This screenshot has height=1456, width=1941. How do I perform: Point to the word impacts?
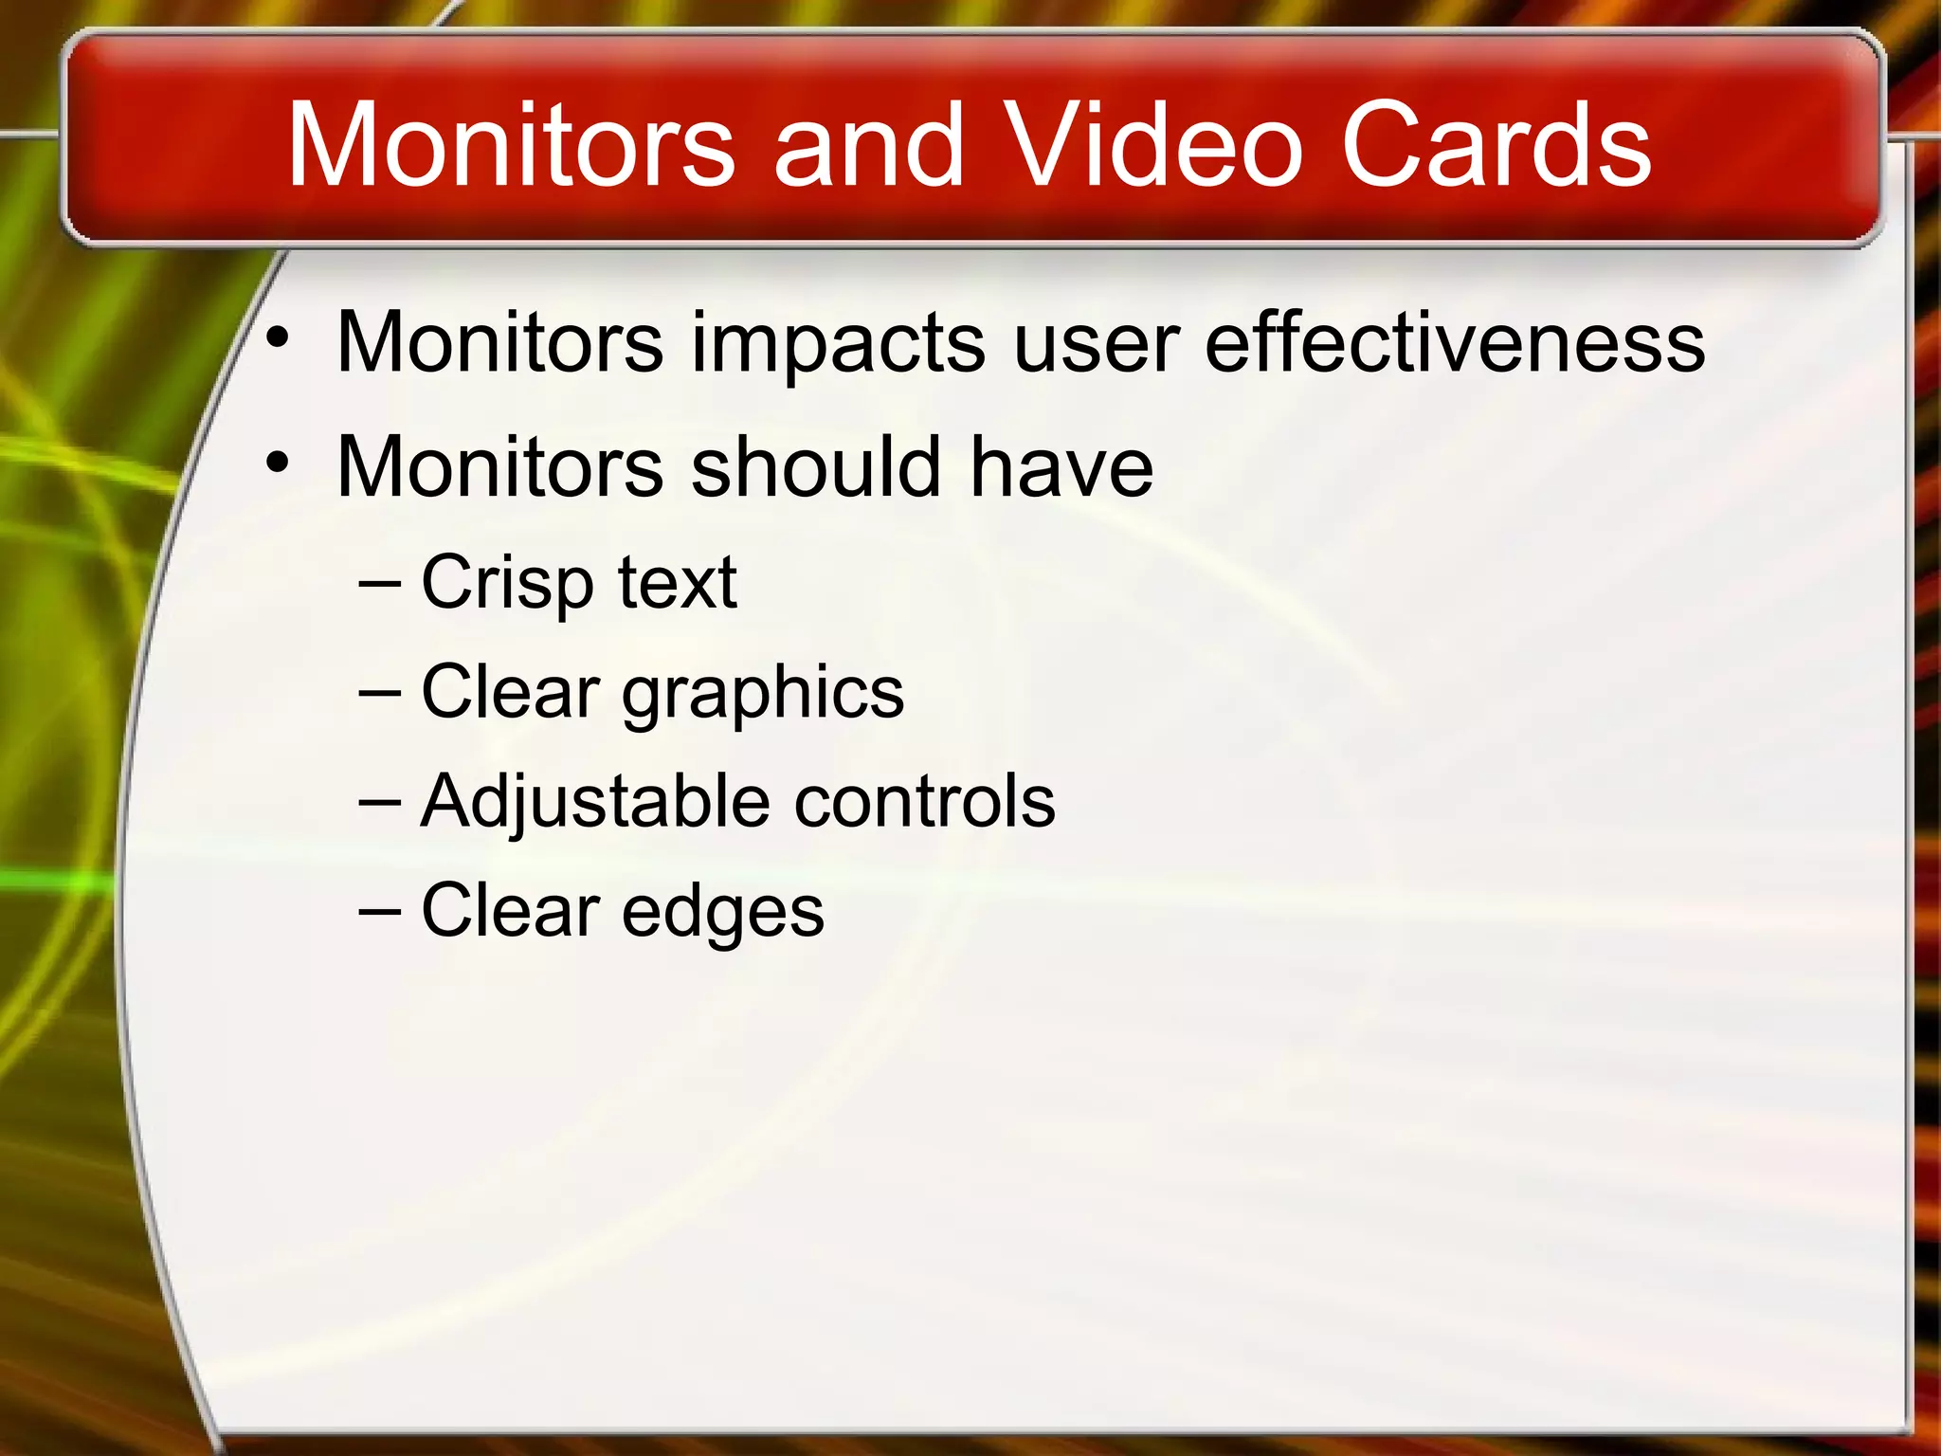[839, 343]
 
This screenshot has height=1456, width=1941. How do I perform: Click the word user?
[1096, 343]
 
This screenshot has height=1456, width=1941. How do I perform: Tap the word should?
[816, 466]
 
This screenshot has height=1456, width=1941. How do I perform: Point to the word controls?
[924, 801]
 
